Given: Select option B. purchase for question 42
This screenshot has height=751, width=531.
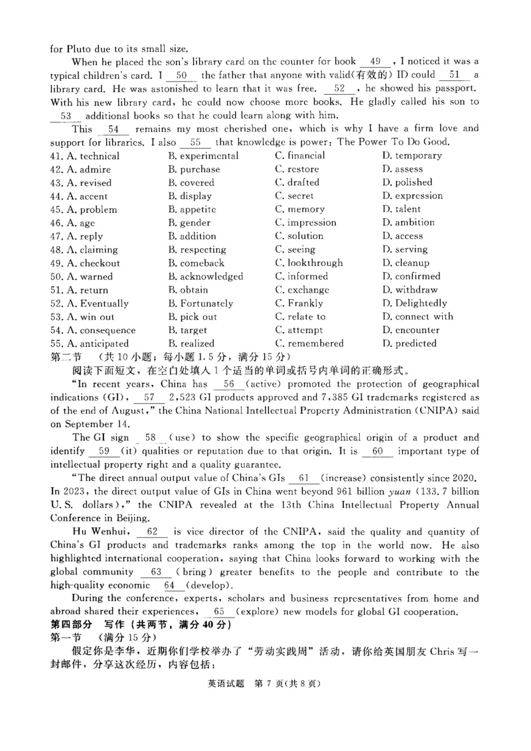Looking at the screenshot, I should coord(194,169).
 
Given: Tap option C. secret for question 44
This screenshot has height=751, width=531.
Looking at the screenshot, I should coord(295,196).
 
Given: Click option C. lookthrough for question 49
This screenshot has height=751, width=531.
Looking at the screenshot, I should coord(309,263).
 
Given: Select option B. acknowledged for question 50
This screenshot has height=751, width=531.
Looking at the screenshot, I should coord(205,277).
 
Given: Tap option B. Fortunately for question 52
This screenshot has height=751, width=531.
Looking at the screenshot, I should coord(200,304).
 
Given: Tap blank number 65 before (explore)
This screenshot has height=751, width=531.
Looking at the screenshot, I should coord(220,612).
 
